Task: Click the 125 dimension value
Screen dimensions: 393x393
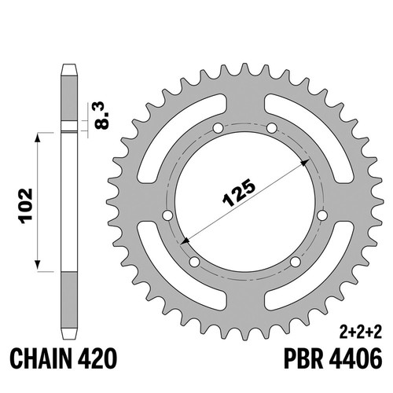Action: pos(238,193)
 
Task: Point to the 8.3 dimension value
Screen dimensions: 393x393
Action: pos(102,116)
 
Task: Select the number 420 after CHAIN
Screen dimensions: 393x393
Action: pos(97,359)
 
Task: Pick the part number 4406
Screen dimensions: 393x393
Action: pos(355,359)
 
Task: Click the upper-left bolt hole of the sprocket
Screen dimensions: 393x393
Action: pos(218,128)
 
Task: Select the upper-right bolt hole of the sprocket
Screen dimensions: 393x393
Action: pos(271,128)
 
